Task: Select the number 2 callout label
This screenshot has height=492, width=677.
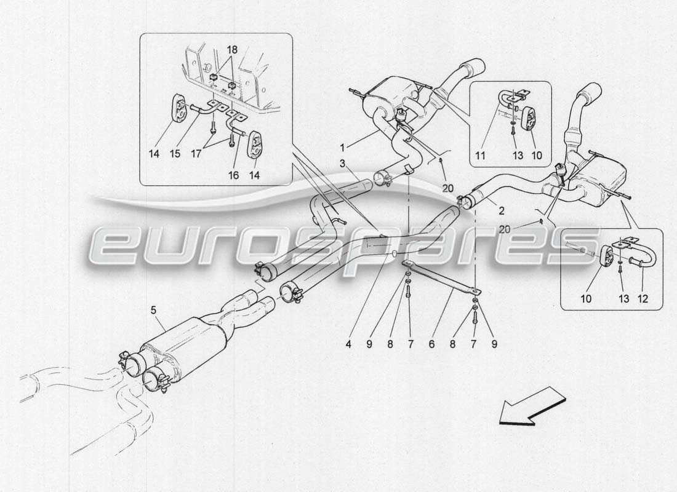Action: tap(502, 211)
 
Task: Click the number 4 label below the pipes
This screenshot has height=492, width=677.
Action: tap(348, 345)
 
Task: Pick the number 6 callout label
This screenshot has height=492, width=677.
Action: tap(431, 345)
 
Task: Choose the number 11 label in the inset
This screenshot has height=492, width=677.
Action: tap(481, 156)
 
